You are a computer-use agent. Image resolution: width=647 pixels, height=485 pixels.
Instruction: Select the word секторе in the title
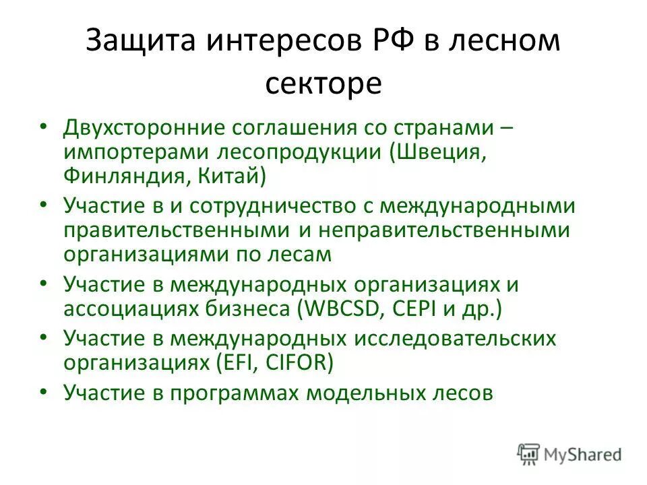tap(323, 84)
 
